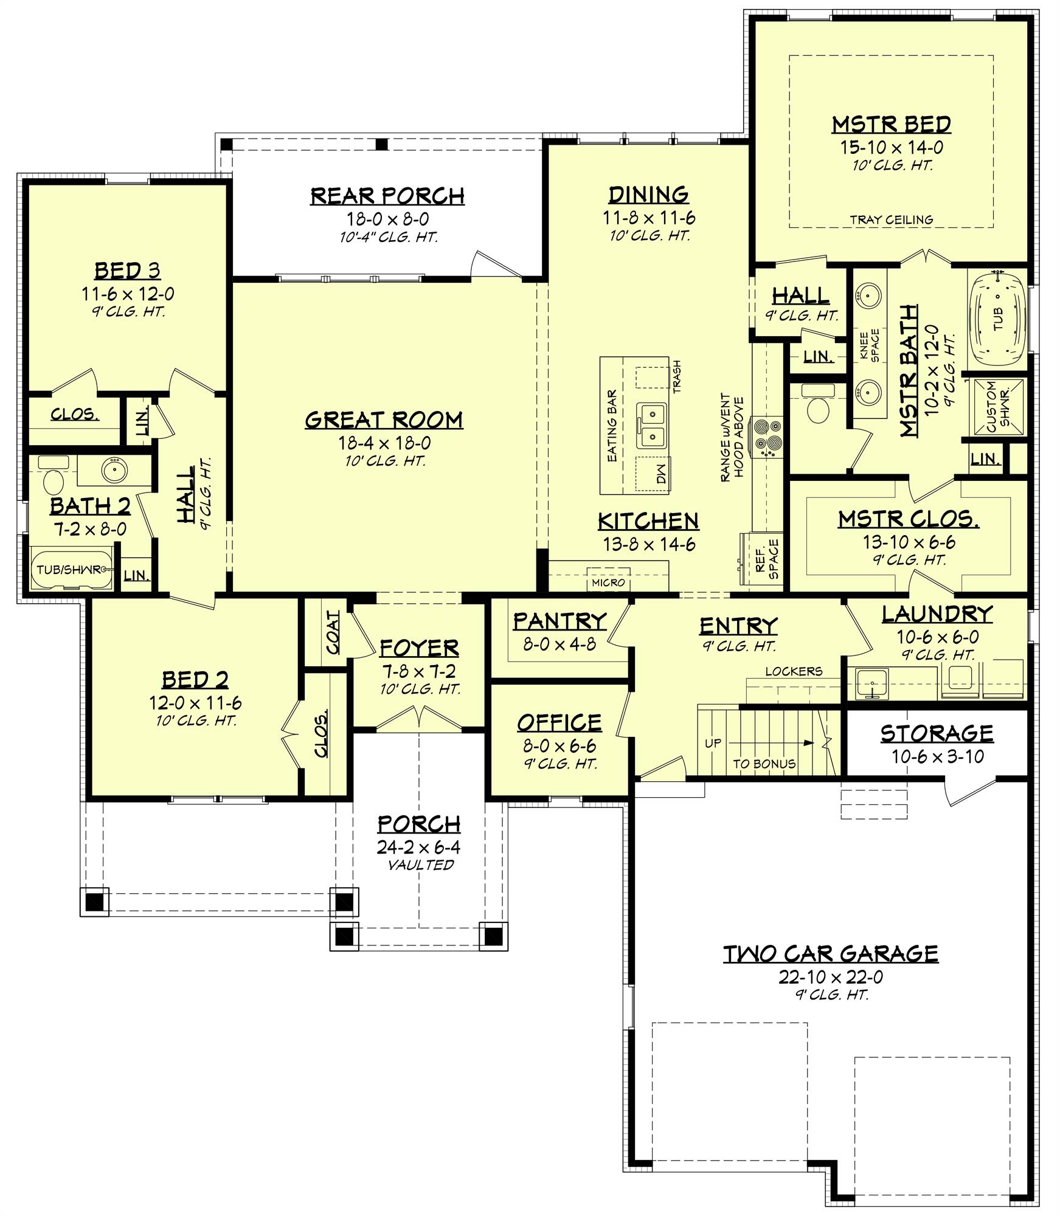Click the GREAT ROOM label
(384, 420)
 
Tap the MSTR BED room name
(891, 125)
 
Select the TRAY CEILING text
(891, 220)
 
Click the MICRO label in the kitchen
(608, 582)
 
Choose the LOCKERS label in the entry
(794, 671)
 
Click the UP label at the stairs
(713, 744)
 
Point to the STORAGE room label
(937, 733)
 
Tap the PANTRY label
(559, 621)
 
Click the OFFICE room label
(559, 722)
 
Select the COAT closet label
(333, 632)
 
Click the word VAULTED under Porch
(421, 865)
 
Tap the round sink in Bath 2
(114, 469)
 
